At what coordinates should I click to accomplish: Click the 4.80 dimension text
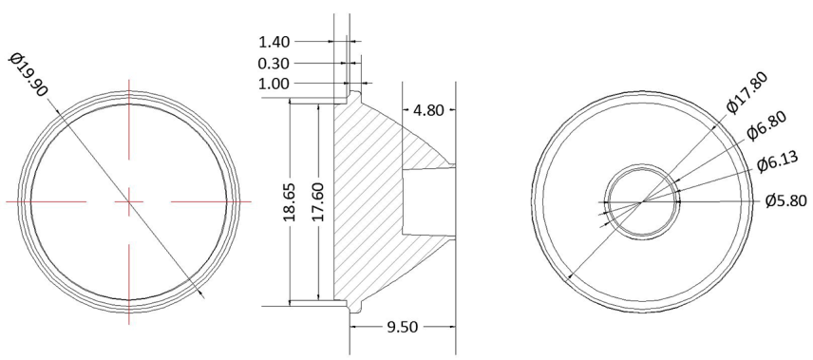(x=427, y=110)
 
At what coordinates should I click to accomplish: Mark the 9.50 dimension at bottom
(x=403, y=325)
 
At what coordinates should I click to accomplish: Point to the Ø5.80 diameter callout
(x=785, y=201)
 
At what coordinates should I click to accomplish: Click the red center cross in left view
(x=128, y=201)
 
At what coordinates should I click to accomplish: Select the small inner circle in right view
(x=643, y=201)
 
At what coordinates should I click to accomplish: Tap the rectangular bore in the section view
(x=428, y=201)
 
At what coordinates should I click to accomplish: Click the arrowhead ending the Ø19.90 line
(x=201, y=294)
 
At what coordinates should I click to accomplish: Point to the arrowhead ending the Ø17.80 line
(x=568, y=278)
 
